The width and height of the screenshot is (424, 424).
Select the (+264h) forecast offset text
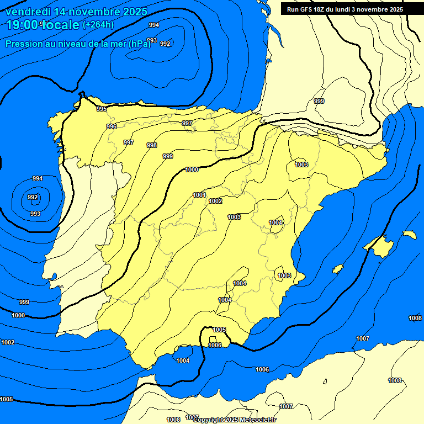(x=98, y=24)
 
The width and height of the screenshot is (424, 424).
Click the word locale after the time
(x=61, y=24)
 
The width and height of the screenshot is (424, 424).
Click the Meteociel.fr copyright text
(x=253, y=420)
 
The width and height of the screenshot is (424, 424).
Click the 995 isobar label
(x=102, y=109)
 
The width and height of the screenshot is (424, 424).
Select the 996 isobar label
(x=112, y=126)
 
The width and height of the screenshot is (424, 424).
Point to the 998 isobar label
(x=152, y=145)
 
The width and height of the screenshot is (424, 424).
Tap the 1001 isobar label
(x=199, y=195)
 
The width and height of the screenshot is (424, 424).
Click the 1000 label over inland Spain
(x=192, y=169)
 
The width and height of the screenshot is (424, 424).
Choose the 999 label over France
(x=319, y=101)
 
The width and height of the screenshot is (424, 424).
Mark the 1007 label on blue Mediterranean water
(x=362, y=338)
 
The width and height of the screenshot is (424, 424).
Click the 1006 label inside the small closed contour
(x=215, y=345)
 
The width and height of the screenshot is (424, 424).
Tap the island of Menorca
(x=409, y=235)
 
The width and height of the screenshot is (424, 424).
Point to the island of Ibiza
(x=338, y=269)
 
